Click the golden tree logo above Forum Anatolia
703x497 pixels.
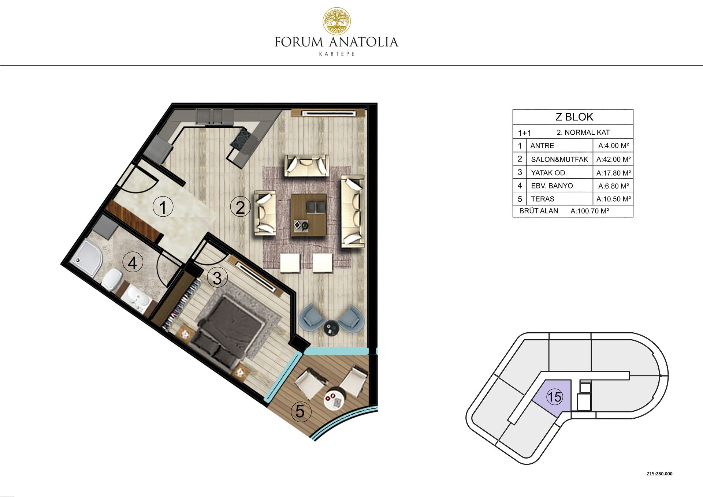pos(336,21)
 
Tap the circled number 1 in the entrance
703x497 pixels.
pos(163,207)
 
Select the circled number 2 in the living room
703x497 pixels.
pos(240,207)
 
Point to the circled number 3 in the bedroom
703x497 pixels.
pos(217,278)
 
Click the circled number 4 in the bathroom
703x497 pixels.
pos(133,262)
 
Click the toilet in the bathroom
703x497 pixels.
pos(112,279)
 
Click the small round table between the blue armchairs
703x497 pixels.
pos(332,327)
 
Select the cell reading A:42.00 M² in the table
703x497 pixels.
pos(613,159)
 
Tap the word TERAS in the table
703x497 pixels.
pos(543,199)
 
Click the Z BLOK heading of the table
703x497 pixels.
pos(574,117)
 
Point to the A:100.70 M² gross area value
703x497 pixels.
pos(589,211)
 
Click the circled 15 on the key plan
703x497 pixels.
pos(554,397)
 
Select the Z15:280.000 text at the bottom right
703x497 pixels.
pos(659,474)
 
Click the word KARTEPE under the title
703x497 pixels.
pos(337,54)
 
